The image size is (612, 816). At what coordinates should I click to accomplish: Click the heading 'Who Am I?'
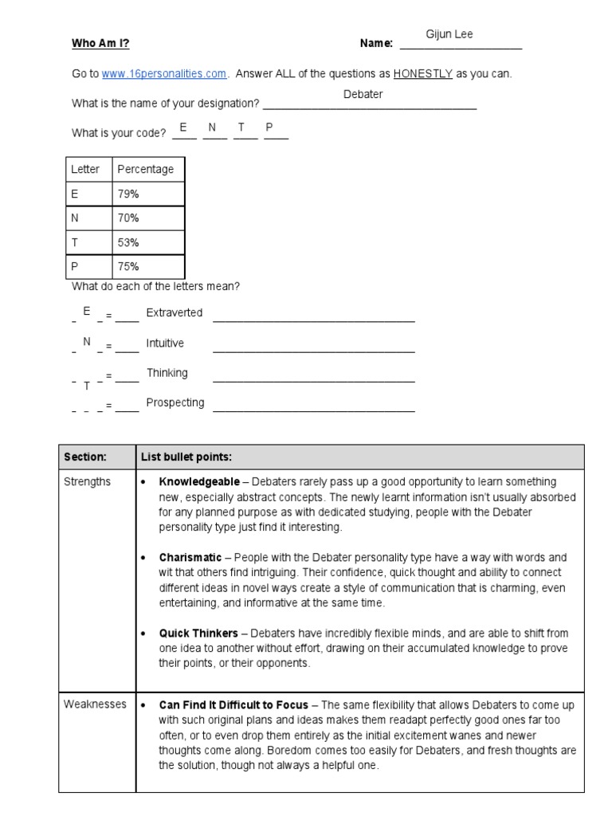click(x=100, y=44)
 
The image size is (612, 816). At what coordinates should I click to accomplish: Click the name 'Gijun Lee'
click(x=450, y=34)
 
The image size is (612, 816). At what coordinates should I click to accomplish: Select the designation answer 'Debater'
click(x=363, y=94)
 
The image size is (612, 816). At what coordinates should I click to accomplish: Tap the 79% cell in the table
click(x=128, y=193)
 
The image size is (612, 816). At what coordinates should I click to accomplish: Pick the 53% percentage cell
click(x=128, y=241)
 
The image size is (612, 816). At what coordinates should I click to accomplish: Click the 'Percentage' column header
click(x=145, y=169)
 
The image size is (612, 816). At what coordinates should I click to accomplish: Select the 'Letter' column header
click(x=85, y=169)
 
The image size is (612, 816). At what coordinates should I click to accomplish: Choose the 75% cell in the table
click(x=128, y=266)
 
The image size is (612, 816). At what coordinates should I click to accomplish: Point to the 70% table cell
click(x=128, y=218)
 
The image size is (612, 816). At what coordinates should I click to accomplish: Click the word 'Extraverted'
click(x=175, y=312)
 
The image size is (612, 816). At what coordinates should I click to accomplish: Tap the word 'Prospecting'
click(x=175, y=402)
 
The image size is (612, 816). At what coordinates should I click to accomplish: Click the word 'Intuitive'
click(x=165, y=343)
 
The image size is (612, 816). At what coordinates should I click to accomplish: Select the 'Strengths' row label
click(x=88, y=482)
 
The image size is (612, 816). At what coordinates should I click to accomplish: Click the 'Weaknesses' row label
click(x=95, y=704)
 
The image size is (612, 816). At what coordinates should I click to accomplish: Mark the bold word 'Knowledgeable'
click(x=198, y=482)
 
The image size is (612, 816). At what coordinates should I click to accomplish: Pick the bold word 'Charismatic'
click(x=190, y=557)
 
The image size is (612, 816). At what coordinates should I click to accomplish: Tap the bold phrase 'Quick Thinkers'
click(x=198, y=634)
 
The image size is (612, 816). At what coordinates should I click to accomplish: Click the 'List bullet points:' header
click(x=186, y=457)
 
